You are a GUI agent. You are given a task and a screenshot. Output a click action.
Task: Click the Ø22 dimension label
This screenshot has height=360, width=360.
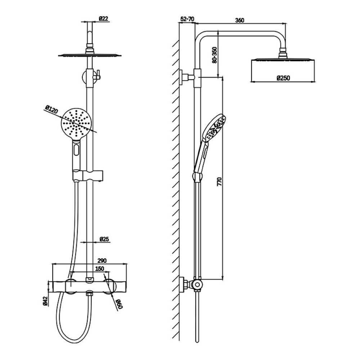point(104,19)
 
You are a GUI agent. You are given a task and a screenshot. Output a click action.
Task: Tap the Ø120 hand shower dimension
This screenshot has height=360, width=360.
point(51,109)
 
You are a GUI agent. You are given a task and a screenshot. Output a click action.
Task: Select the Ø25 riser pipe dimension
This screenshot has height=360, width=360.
point(104,239)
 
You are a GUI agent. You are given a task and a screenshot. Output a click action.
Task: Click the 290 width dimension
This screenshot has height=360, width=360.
point(102,261)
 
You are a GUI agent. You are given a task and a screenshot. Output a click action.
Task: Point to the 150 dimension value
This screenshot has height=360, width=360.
point(100,269)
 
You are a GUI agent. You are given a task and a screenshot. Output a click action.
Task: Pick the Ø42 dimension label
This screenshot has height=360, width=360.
point(45,301)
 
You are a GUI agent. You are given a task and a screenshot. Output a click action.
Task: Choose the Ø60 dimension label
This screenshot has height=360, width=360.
point(120,304)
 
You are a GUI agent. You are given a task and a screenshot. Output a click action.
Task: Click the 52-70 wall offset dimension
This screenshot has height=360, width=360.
point(187,19)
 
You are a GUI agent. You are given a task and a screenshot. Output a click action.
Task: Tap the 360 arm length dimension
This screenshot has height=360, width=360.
point(240,20)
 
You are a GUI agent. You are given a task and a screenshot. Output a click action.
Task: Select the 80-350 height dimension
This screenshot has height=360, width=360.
point(215,55)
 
